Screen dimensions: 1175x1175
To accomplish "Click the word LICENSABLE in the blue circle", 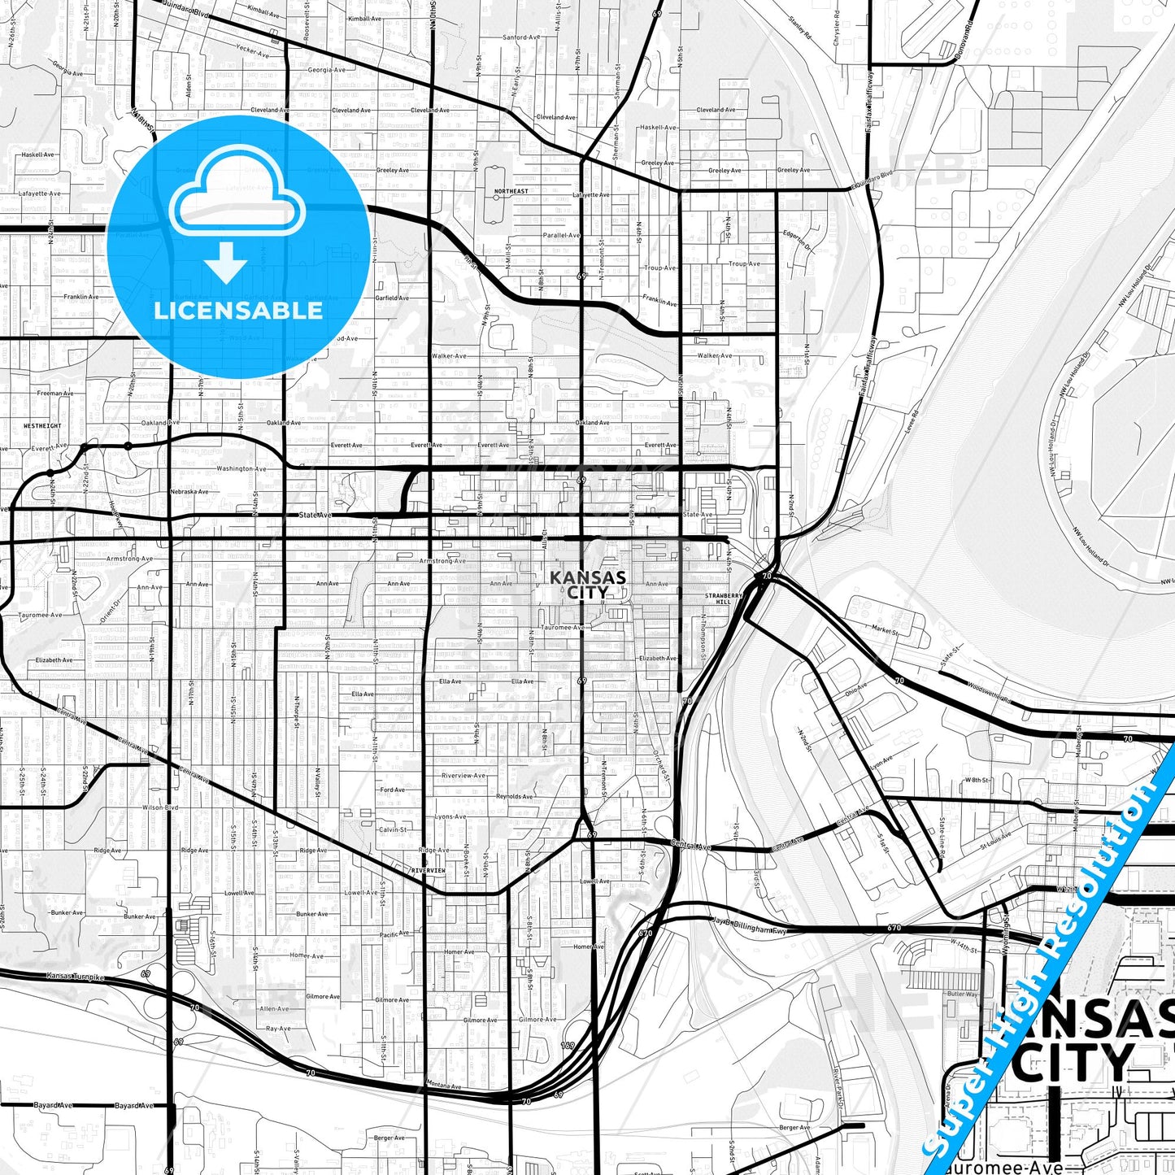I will pos(238,311).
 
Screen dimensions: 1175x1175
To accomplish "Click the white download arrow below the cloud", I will pos(226,262).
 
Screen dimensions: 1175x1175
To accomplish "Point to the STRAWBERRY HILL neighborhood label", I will pos(724,598).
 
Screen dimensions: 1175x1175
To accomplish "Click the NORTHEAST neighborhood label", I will pos(511,192).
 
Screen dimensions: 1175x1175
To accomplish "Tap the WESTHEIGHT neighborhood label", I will pos(42,425).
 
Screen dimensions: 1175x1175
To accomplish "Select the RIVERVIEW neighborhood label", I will pos(429,870).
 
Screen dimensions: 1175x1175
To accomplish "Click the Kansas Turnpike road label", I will pos(76,976).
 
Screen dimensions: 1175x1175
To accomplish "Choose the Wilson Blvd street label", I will pos(159,807).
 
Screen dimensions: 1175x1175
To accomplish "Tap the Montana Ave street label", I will pos(444,1086).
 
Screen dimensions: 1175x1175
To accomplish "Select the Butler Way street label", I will pos(962,994).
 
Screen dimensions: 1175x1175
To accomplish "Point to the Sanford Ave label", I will pos(520,37).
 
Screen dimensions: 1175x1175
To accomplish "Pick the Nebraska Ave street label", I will pos(189,491).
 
